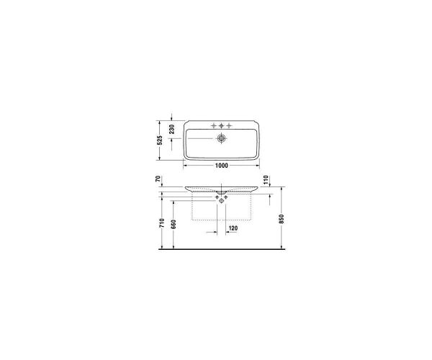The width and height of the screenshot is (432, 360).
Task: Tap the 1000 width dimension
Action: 222,166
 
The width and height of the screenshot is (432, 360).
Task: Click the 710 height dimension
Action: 163,223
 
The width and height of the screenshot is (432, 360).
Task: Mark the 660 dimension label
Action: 174,223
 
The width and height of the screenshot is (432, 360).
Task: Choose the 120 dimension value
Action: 233,228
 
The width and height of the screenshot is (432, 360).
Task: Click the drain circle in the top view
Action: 222,137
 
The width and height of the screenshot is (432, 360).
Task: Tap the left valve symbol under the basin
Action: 216,195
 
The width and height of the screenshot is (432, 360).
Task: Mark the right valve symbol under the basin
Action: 228,195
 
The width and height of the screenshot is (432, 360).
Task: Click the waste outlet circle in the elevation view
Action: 222,201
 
